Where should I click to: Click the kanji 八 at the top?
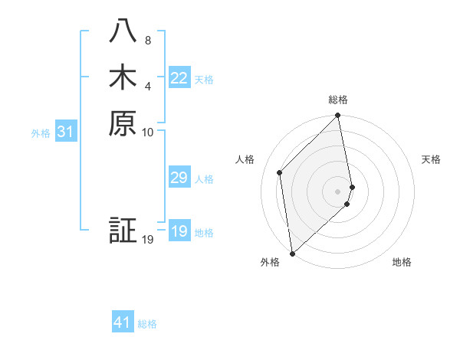(123, 31)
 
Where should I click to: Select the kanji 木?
(123, 77)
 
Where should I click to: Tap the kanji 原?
(123, 123)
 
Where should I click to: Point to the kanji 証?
(123, 231)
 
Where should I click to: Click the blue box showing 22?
(179, 78)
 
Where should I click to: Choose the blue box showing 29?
(179, 178)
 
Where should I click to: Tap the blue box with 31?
(66, 132)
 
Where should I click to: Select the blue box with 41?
(123, 322)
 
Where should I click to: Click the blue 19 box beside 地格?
(179, 231)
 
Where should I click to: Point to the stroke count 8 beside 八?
(147, 40)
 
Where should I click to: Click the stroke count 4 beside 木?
(147, 85)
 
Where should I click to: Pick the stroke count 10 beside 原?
(148, 132)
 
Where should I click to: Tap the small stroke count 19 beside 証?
(148, 240)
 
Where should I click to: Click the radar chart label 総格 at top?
(338, 100)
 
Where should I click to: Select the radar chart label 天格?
(431, 159)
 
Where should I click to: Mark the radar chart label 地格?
(402, 262)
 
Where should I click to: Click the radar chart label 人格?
(245, 159)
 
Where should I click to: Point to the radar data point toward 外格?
(292, 253)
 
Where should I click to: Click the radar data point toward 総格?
(338, 116)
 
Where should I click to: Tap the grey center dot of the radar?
(338, 191)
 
